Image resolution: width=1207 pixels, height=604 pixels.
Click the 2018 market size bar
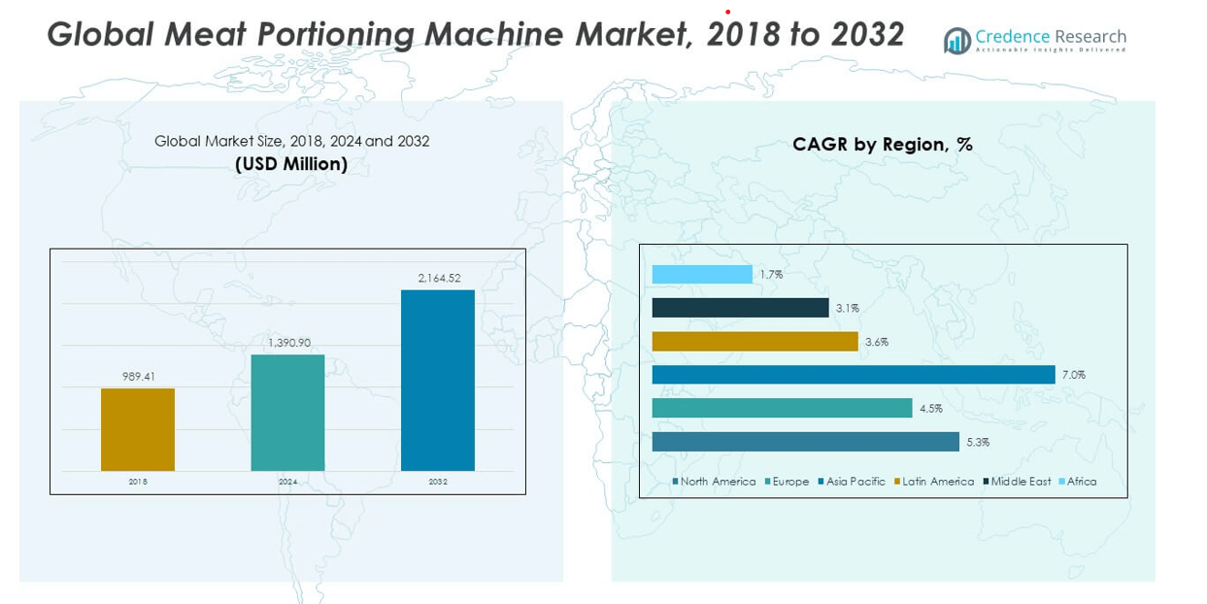[138, 429]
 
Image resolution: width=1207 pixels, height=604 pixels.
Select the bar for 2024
[287, 413]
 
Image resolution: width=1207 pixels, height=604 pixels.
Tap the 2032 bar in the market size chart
[438, 380]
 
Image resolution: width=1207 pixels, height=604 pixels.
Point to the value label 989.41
[138, 376]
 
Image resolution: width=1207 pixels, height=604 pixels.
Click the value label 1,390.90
[288, 342]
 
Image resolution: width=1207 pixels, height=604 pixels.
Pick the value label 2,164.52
[438, 278]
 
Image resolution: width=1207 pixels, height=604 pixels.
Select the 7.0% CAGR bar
[853, 375]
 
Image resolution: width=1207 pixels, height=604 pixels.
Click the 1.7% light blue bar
[702, 275]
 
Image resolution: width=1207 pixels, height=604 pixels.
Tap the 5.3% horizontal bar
[805, 442]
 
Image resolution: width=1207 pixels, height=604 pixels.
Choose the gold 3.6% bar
[754, 342]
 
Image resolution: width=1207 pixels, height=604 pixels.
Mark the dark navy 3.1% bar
[740, 308]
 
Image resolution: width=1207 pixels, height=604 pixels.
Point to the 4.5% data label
[930, 409]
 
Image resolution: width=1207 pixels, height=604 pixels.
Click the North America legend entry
[715, 482]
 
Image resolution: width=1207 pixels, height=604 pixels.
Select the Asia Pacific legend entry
[853, 482]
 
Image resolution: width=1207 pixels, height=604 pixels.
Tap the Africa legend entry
[1078, 482]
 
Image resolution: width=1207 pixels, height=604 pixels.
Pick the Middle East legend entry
[1017, 482]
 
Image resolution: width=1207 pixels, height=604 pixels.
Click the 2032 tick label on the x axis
[438, 482]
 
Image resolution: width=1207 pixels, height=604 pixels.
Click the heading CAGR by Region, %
[883, 145]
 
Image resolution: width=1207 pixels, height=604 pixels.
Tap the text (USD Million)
[291, 164]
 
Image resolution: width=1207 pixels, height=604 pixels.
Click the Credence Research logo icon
[957, 40]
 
